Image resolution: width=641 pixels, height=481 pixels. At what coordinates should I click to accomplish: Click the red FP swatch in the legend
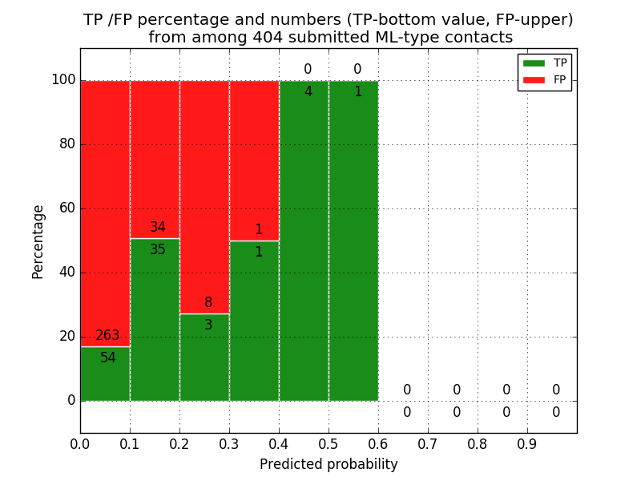(x=534, y=79)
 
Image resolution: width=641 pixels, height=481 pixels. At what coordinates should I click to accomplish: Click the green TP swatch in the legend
(x=534, y=63)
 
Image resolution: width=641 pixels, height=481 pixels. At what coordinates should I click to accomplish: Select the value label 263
(x=107, y=336)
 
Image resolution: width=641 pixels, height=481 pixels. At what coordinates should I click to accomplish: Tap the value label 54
(x=107, y=358)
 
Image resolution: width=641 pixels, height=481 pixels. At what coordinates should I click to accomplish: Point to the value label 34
(x=158, y=228)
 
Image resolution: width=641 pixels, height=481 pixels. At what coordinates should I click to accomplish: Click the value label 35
(x=158, y=250)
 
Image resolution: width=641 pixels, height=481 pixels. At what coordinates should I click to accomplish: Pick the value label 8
(x=208, y=303)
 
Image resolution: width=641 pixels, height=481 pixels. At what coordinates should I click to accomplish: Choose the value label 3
(x=208, y=325)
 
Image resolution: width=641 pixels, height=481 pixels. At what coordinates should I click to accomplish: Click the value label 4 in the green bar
(x=308, y=92)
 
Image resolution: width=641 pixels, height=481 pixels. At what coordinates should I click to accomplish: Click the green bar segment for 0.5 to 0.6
(x=353, y=240)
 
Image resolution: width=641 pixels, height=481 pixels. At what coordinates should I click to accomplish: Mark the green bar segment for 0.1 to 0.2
(x=155, y=321)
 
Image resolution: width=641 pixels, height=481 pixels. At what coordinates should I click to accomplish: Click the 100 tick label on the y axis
(x=63, y=80)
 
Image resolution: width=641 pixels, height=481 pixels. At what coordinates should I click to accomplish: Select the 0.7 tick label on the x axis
(x=428, y=443)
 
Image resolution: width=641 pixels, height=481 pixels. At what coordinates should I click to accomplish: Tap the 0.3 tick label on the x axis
(x=229, y=443)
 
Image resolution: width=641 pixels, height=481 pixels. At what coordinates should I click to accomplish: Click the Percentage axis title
(x=38, y=241)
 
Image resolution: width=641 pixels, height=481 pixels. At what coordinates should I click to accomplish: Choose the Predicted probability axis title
(x=329, y=464)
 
